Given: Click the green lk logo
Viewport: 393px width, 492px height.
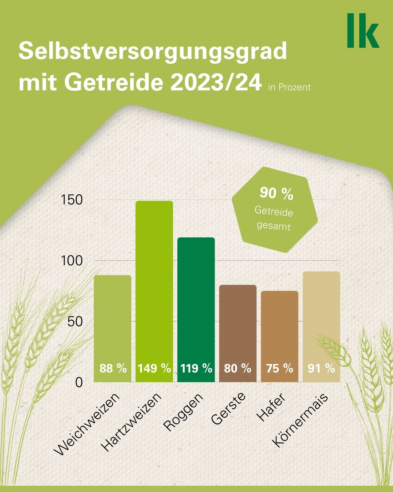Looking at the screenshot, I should point(363,31).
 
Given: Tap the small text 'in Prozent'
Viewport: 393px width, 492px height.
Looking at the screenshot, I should point(289,87).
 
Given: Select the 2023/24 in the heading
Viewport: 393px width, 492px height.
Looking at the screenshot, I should point(216,83).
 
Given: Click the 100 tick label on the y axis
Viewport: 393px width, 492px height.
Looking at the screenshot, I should point(72,261).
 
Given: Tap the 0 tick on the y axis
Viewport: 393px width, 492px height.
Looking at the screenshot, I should point(79,383).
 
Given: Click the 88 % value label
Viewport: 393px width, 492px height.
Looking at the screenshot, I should point(113,369).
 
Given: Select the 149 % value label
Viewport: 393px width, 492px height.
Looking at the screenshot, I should point(154,369).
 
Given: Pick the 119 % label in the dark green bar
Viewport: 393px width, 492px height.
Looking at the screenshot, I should point(196,369).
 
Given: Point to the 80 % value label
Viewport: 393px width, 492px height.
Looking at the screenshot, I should point(237,369).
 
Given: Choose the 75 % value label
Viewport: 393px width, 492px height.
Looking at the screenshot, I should point(279,369).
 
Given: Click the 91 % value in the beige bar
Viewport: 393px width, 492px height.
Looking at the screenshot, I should point(321,369).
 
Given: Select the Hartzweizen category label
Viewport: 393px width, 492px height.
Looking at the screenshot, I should point(131,422).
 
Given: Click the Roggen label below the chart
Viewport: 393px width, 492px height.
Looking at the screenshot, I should point(183,412).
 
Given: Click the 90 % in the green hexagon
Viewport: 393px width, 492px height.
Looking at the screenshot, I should point(276,194).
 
